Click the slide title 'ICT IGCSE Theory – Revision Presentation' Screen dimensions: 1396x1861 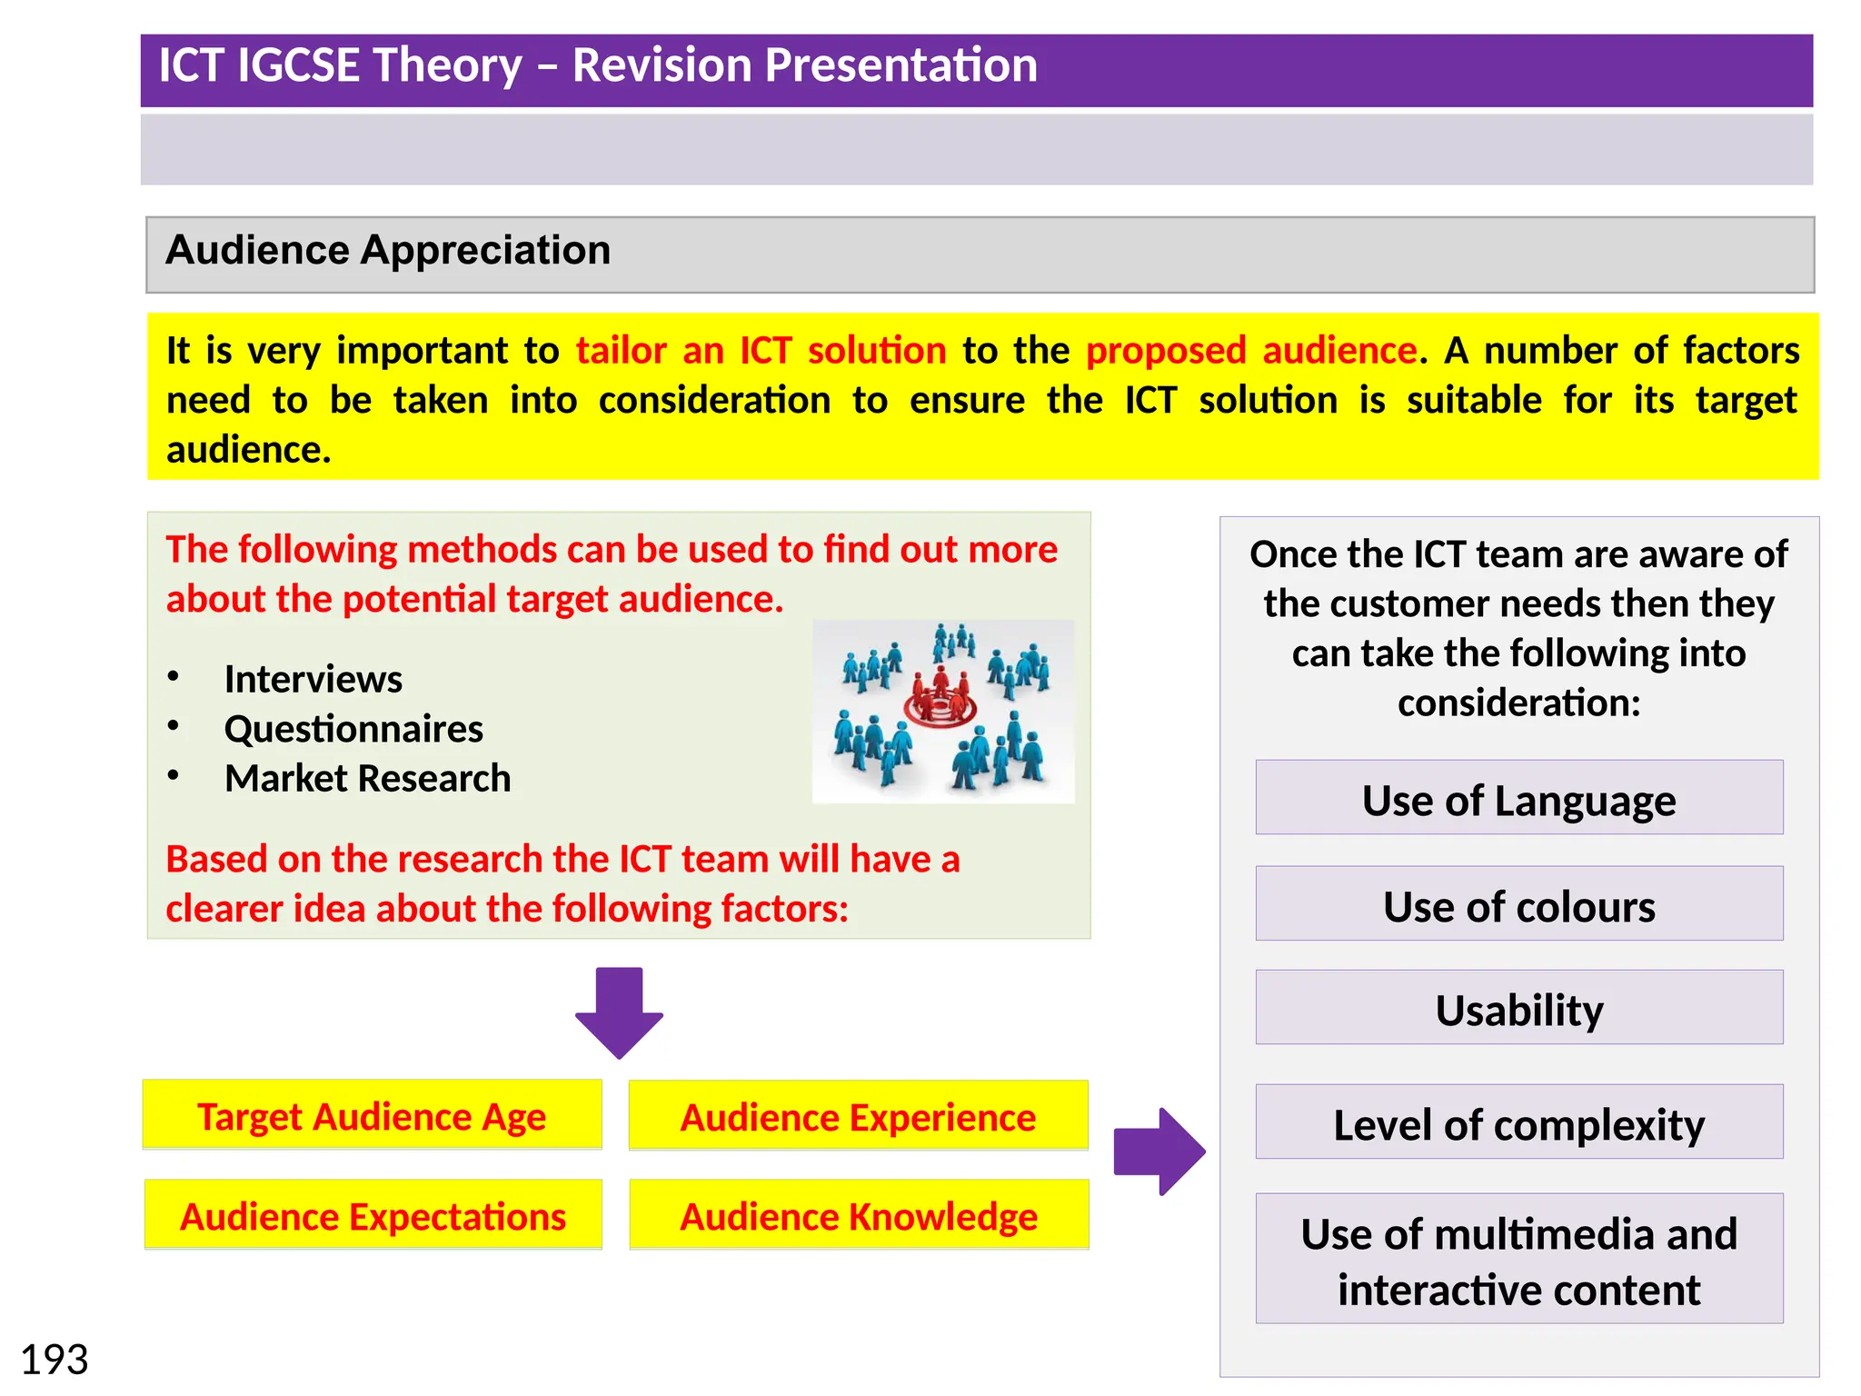[x=598, y=66]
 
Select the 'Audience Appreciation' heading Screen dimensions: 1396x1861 [x=388, y=250]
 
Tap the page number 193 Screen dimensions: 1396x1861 [x=55, y=1360]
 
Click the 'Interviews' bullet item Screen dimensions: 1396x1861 [x=313, y=679]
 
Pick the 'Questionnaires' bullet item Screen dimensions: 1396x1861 [x=353, y=729]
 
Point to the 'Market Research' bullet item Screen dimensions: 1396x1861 [x=367, y=778]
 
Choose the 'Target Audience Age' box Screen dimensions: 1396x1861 [x=372, y=1116]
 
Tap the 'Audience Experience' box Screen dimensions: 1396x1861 [x=858, y=1117]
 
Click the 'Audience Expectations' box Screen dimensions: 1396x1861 [x=373, y=1216]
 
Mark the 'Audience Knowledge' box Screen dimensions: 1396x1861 [x=859, y=1216]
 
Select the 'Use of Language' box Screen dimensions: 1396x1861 [x=1518, y=800]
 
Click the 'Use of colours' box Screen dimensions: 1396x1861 [x=1518, y=905]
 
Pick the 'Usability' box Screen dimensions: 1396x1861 [x=1518, y=1009]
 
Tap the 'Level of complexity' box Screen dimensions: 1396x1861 [x=1518, y=1123]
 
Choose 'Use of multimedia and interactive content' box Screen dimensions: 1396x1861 [x=1518, y=1260]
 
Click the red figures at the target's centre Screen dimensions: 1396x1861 [x=940, y=696]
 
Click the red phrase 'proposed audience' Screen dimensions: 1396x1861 [x=1251, y=351]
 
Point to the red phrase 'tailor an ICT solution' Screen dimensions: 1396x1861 [x=761, y=351]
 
